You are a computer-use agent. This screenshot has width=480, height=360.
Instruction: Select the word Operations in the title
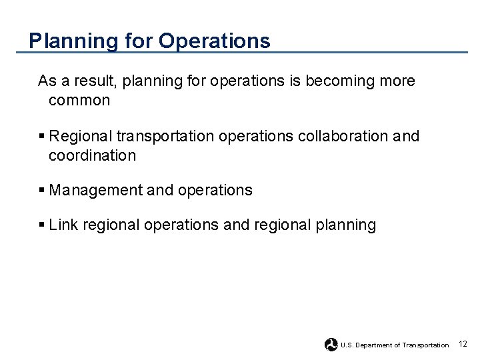(215, 41)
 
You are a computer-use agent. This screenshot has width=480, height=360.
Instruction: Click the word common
(79, 101)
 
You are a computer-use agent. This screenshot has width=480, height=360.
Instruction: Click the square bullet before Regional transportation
(41, 136)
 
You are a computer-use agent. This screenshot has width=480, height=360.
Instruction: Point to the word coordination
(92, 156)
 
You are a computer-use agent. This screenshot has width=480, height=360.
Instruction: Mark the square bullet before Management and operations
(41, 190)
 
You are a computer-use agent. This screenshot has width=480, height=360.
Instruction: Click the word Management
(95, 190)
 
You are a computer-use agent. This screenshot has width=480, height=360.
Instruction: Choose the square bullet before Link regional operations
(41, 225)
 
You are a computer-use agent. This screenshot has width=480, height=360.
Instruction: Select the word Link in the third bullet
(63, 225)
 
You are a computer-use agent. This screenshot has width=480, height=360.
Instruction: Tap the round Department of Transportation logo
(331, 345)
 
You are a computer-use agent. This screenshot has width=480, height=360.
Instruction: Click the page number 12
(463, 344)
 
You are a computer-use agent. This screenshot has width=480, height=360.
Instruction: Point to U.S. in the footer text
(347, 345)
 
